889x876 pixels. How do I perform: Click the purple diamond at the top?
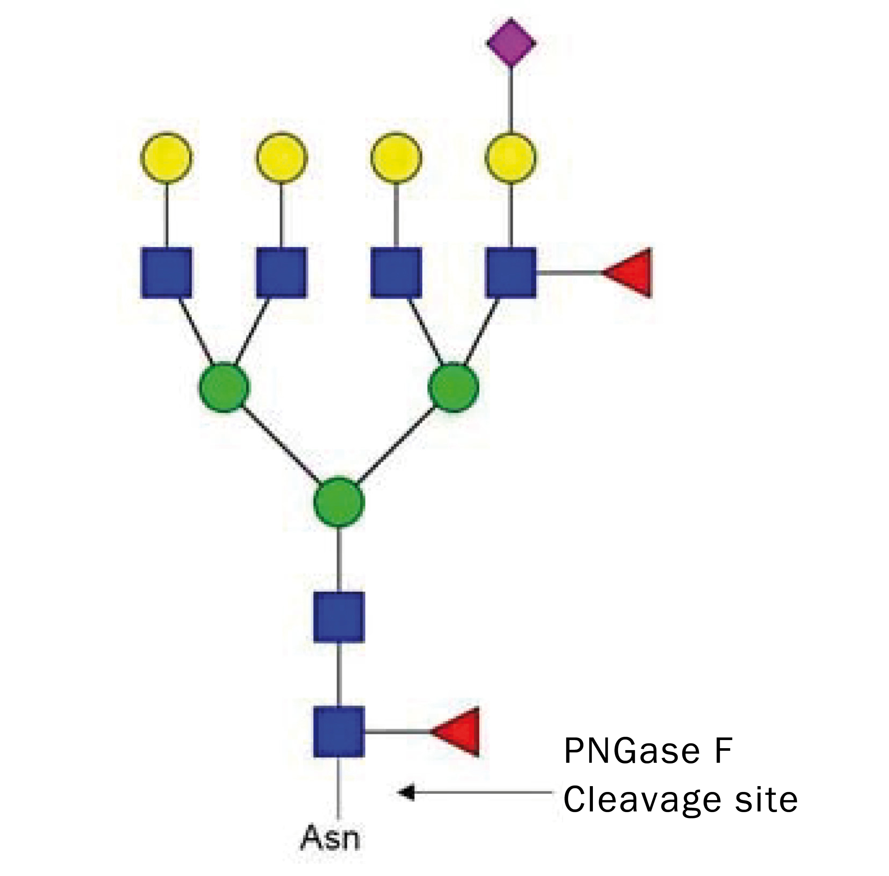tap(511, 43)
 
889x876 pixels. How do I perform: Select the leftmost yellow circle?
tap(166, 157)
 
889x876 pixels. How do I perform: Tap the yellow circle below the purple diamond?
tap(511, 157)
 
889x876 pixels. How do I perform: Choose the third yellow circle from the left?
tap(395, 157)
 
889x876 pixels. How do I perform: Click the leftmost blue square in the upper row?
tap(166, 272)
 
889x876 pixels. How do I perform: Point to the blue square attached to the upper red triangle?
tap(511, 272)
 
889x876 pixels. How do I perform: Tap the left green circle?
tap(224, 387)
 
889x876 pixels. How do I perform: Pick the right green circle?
tap(453, 387)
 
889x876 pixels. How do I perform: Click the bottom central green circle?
tap(339, 503)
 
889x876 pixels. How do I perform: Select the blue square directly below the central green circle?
tap(339, 616)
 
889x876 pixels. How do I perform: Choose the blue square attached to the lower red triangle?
tap(339, 731)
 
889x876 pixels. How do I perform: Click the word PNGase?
tap(631, 751)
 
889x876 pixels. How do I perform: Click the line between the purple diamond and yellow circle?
tap(511, 99)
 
